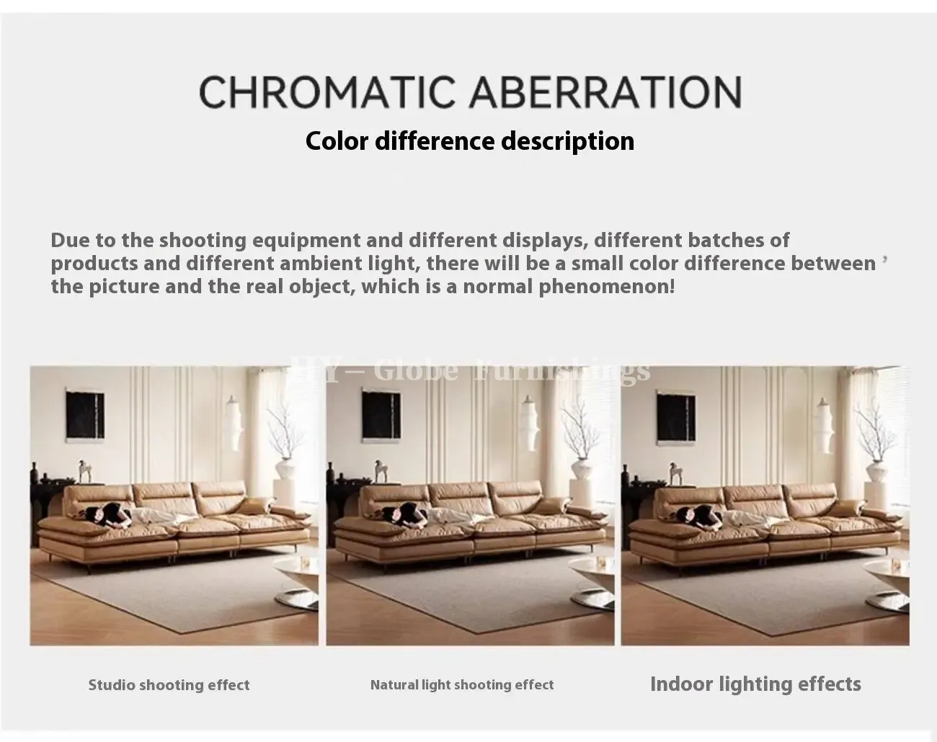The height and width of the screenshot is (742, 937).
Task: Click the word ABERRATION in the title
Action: click(x=605, y=91)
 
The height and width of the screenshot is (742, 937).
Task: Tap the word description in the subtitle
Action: click(x=568, y=141)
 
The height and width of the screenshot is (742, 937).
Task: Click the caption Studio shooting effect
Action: click(x=169, y=685)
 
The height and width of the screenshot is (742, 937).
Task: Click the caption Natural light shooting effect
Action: click(x=462, y=684)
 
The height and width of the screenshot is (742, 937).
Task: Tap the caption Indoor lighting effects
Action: click(x=755, y=684)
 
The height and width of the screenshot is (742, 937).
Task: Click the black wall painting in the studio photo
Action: click(x=85, y=415)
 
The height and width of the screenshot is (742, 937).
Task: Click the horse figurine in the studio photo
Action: click(x=85, y=471)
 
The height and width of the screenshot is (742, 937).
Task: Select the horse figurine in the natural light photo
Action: click(x=381, y=472)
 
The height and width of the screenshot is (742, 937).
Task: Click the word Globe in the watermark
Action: click(x=417, y=370)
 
